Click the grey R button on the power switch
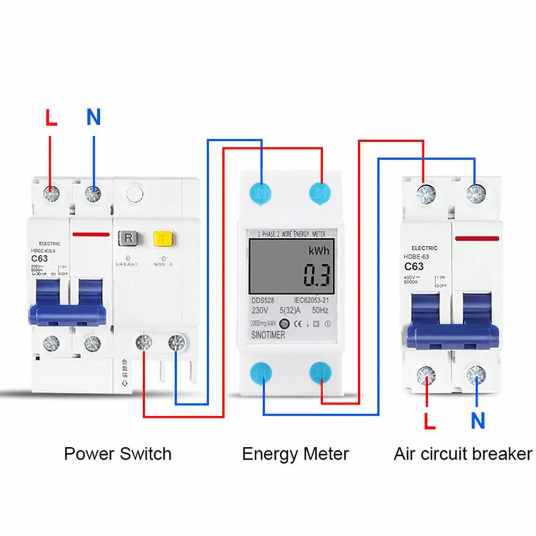tap(128, 238)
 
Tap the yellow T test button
tap(162, 239)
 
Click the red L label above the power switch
tap(51, 118)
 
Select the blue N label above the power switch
tap(93, 117)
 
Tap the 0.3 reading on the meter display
tap(317, 275)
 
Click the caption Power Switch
tap(117, 454)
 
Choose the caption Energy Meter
tap(295, 454)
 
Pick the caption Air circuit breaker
tap(462, 454)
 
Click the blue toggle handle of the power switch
tap(67, 313)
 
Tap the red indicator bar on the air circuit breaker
tap(477, 238)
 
